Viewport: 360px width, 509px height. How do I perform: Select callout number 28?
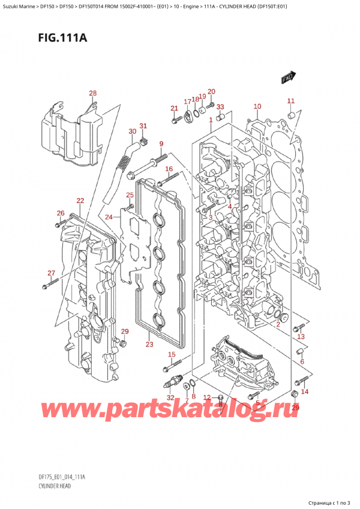[92, 93]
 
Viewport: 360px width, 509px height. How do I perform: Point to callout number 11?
[290, 101]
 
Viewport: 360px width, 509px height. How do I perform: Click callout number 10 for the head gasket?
[257, 107]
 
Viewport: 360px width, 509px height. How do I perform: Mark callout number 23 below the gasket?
[149, 345]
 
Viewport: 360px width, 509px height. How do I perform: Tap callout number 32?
[170, 398]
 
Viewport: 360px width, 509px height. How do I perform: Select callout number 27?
[51, 257]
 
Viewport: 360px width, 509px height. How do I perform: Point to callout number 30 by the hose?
[132, 131]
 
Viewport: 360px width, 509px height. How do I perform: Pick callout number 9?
[161, 143]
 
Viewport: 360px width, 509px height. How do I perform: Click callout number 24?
[109, 217]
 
